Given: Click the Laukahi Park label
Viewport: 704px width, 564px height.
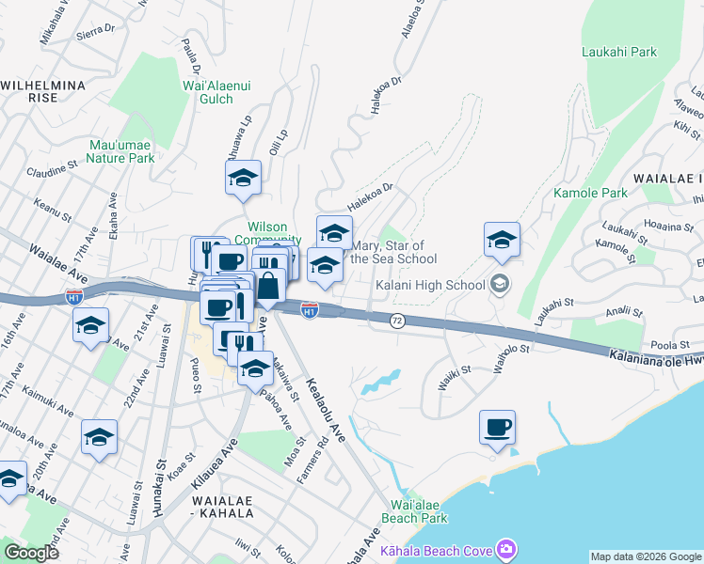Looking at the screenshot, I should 618,52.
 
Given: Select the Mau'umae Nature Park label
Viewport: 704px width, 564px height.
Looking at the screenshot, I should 120,151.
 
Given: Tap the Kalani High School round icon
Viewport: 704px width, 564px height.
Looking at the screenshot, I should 500,284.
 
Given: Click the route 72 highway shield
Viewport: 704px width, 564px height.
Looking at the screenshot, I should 397,321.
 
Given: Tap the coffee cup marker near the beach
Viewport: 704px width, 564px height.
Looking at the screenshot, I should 497,428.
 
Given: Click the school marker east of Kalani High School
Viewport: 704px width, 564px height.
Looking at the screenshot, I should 502,241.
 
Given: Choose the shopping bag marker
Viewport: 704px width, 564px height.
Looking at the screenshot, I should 268,286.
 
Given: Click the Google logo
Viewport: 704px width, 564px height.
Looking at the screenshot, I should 32,552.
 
